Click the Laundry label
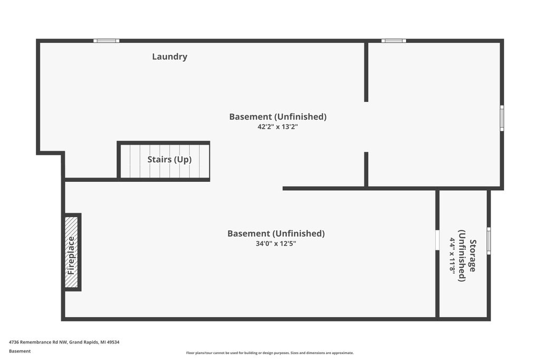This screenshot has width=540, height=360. point(170,57)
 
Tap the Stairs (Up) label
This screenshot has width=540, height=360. point(169,159)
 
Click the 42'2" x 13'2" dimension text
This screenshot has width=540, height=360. point(277,127)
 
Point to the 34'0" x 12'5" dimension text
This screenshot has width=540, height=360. point(276,244)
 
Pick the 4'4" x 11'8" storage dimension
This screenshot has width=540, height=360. point(452,255)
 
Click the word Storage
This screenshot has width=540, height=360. point(473,256)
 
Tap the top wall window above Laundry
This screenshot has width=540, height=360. point(107,41)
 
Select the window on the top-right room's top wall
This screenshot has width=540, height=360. point(393,41)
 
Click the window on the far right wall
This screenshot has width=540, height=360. point(502,118)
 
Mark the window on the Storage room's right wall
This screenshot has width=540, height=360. point(489,240)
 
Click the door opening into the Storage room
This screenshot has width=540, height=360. point(437,239)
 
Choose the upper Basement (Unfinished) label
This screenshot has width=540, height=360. point(278,116)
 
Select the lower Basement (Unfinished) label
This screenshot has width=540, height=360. point(276,233)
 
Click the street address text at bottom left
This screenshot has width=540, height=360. point(64,342)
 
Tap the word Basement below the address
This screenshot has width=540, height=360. point(20,351)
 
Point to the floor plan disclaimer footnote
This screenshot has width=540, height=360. point(270,353)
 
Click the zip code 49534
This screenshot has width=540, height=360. point(113,342)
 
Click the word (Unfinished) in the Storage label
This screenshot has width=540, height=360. point(462,256)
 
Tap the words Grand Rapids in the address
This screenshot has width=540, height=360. point(83,342)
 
